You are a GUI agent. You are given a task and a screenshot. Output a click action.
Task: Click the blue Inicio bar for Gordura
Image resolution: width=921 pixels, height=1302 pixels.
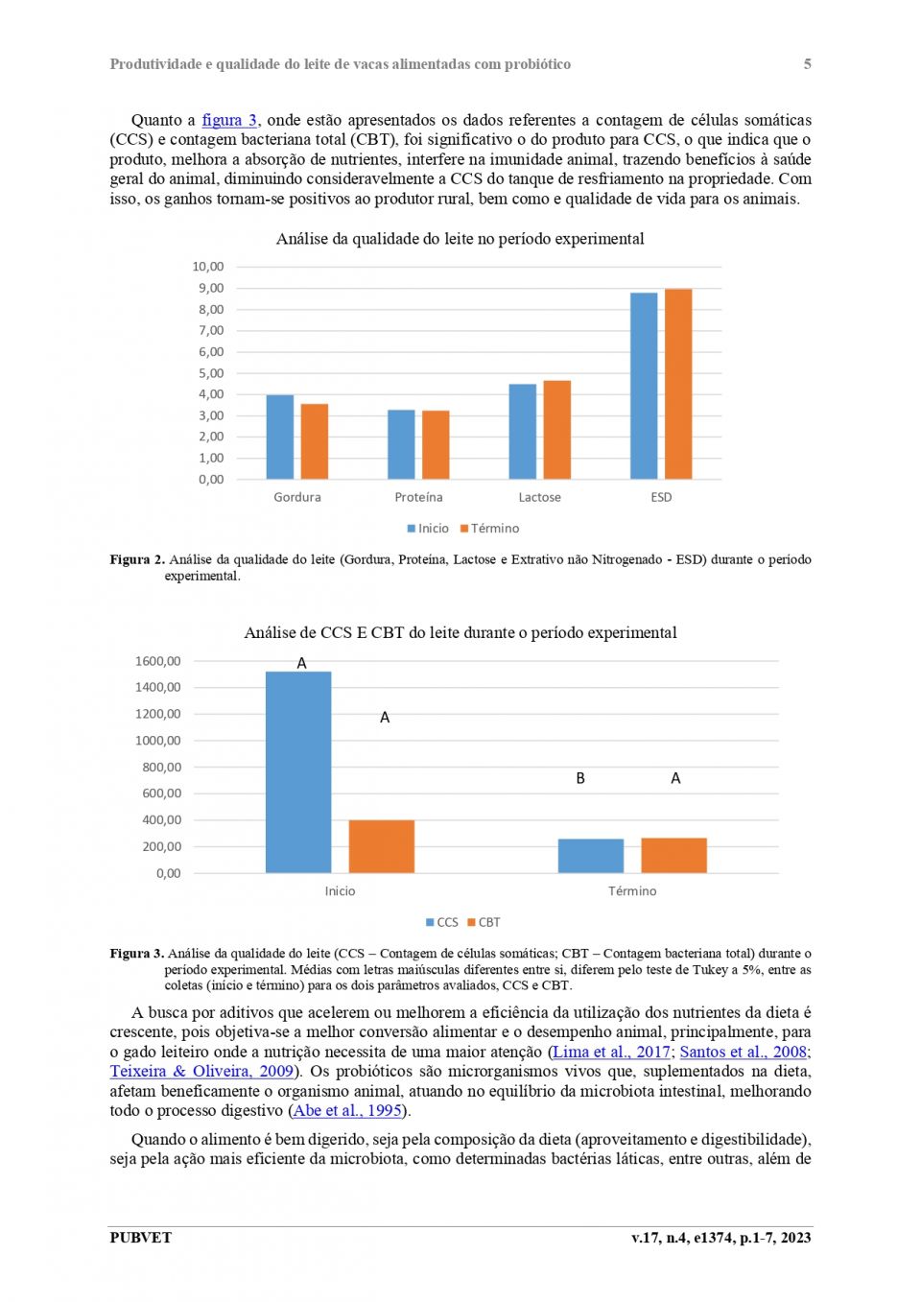pyautogui.click(x=280, y=437)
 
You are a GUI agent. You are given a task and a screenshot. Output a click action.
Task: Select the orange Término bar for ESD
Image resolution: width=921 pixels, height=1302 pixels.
pyautogui.click(x=678, y=384)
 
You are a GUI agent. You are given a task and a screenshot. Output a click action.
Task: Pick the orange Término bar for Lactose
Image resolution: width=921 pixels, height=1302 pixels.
pyautogui.click(x=556, y=430)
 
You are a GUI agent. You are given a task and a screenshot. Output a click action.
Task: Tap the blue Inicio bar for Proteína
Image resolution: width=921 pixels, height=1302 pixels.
pyautogui.click(x=401, y=444)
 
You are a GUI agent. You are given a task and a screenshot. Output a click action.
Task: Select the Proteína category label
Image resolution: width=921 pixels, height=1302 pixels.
pyautogui.click(x=418, y=497)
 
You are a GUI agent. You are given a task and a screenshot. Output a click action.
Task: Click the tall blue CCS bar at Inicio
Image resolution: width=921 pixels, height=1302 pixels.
pyautogui.click(x=298, y=772)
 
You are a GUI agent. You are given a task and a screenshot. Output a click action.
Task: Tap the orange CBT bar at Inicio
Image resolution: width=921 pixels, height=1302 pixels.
pyautogui.click(x=382, y=846)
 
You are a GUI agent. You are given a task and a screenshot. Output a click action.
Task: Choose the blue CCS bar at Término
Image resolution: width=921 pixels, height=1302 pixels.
pyautogui.click(x=591, y=856)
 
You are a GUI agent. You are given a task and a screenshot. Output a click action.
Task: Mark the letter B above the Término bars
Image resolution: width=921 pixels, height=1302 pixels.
pyautogui.click(x=580, y=778)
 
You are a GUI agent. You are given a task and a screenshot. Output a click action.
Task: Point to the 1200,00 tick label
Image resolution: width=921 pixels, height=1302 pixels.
pyautogui.click(x=158, y=714)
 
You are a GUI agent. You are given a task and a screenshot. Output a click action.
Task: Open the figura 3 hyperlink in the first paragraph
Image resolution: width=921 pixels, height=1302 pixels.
pyautogui.click(x=229, y=120)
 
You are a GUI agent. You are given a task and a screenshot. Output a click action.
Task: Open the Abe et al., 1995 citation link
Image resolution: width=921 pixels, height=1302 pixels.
pyautogui.click(x=347, y=1110)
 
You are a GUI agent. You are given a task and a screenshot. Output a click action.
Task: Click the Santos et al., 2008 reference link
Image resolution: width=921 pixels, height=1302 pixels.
pyautogui.click(x=744, y=1052)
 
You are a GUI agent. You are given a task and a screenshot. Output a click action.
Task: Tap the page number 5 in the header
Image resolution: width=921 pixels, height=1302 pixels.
pyautogui.click(x=807, y=64)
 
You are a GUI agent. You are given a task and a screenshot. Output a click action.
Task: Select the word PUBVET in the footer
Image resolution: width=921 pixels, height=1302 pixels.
pyautogui.click(x=140, y=1237)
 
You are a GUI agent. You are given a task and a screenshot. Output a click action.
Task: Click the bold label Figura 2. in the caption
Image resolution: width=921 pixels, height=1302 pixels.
pyautogui.click(x=137, y=559)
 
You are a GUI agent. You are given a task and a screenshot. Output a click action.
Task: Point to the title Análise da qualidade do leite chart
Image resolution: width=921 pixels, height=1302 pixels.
pyautogui.click(x=460, y=239)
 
